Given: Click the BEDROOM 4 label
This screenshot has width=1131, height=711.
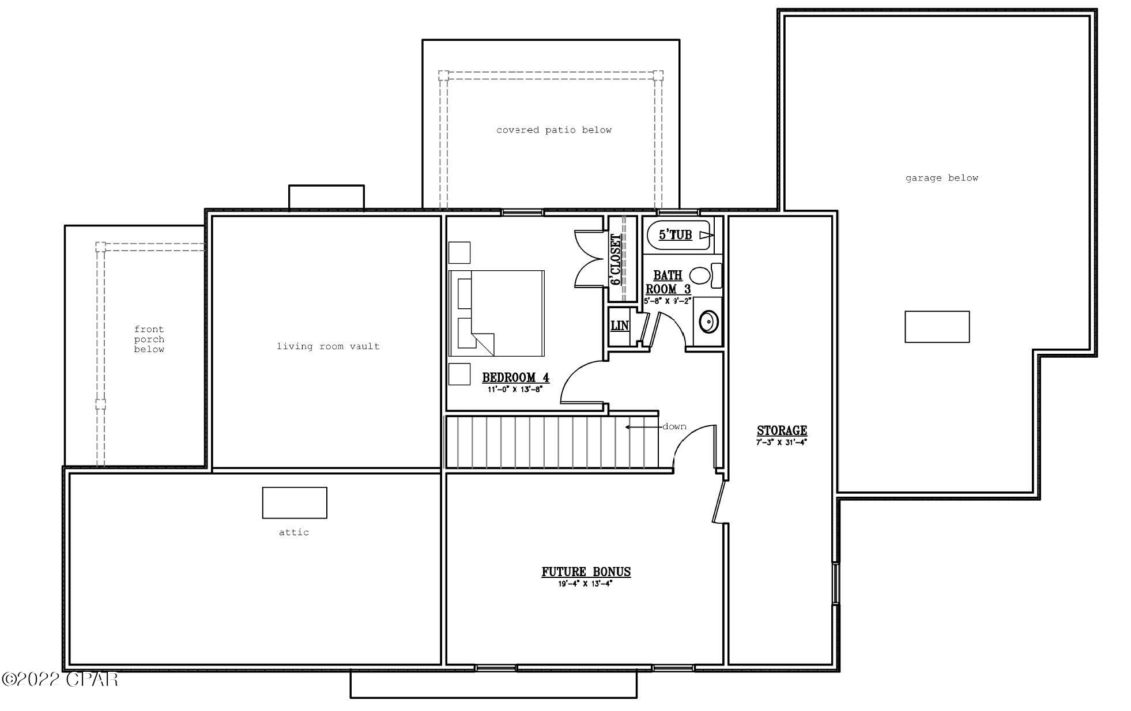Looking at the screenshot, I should pyautogui.click(x=515, y=378).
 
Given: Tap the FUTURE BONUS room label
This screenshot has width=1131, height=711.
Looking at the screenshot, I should pyautogui.click(x=586, y=572).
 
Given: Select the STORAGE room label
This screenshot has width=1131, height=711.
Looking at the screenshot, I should pyautogui.click(x=782, y=430).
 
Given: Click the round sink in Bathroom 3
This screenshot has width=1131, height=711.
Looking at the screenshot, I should pyautogui.click(x=708, y=322).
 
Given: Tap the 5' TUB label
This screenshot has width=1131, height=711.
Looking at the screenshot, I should pyautogui.click(x=675, y=235).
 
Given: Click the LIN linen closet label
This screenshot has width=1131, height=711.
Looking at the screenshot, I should pyautogui.click(x=619, y=326).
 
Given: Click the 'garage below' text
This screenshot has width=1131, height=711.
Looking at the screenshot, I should pyautogui.click(x=941, y=178).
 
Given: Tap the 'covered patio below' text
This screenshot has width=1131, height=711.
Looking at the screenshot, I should pyautogui.click(x=553, y=130).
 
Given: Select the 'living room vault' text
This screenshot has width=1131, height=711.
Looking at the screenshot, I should pyautogui.click(x=328, y=346).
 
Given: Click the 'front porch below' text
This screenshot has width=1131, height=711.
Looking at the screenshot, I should pyautogui.click(x=149, y=339).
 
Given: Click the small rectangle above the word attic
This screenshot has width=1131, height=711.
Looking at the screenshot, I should pyautogui.click(x=295, y=502).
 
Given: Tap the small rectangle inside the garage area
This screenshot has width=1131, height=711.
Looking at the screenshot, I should pyautogui.click(x=937, y=327).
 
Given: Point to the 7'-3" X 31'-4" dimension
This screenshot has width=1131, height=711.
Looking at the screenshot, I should pyautogui.click(x=781, y=443).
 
